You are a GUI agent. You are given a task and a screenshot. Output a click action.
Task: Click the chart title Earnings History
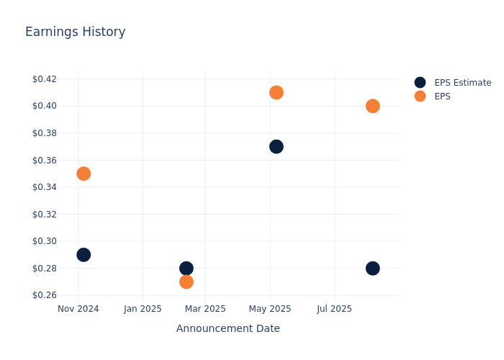[x=75, y=32]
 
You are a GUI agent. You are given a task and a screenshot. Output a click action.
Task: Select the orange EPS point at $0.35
[x=84, y=174]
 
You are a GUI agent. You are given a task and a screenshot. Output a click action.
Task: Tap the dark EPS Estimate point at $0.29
[x=84, y=255]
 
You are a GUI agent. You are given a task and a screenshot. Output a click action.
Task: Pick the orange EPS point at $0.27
[x=186, y=282]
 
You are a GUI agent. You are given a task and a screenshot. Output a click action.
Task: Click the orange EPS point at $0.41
[x=276, y=93]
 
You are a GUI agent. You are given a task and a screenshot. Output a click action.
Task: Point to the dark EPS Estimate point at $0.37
[x=276, y=147]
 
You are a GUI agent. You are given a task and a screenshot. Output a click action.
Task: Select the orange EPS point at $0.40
[x=372, y=106]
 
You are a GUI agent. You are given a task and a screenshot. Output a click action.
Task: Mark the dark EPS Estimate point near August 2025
[x=372, y=269]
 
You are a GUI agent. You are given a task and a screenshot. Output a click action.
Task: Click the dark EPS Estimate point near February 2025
[x=186, y=268]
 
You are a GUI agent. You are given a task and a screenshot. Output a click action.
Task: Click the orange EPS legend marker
[x=420, y=96]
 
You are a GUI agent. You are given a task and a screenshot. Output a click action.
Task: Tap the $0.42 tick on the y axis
[x=45, y=78]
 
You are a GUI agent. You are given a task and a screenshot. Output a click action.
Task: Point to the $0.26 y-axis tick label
[x=45, y=295]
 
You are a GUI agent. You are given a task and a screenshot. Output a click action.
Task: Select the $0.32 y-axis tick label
[x=45, y=214]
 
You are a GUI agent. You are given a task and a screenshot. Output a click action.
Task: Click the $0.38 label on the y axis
[x=45, y=132]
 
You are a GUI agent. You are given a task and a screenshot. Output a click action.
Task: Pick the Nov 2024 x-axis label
[x=78, y=309]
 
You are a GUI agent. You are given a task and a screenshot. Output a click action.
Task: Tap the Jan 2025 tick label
[x=142, y=309]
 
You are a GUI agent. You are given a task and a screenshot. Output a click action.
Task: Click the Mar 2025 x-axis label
[x=205, y=309]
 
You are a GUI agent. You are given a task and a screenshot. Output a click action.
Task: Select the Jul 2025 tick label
[x=334, y=309]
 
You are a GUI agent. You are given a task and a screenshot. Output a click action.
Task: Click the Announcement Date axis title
[x=228, y=329]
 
